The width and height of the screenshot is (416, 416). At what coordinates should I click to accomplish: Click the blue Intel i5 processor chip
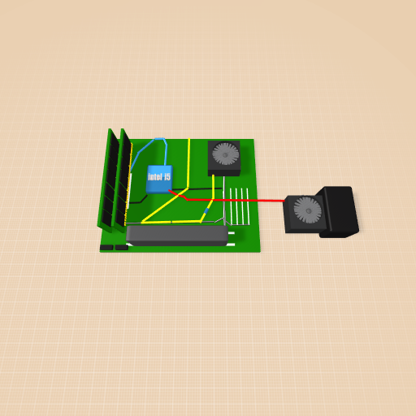click(x=159, y=179)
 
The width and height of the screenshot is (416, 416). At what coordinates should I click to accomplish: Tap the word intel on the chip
click(x=155, y=177)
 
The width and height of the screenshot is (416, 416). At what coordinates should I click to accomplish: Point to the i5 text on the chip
click(x=167, y=176)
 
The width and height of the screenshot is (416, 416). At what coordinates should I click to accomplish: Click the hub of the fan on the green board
click(x=225, y=154)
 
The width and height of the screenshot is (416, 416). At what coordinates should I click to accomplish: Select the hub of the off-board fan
click(x=308, y=210)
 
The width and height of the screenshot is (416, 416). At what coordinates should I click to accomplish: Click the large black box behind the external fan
click(x=339, y=211)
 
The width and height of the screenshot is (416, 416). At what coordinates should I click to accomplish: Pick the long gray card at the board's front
click(x=177, y=236)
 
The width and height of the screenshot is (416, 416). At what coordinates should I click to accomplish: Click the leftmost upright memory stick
click(x=109, y=180)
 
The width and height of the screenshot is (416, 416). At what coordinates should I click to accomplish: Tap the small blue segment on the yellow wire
click(x=206, y=210)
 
